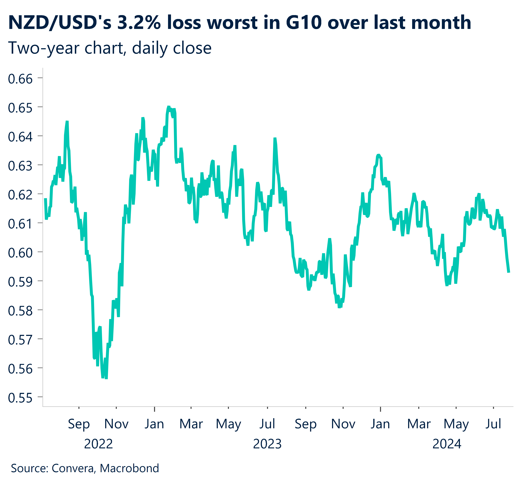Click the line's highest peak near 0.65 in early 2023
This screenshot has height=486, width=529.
pyautogui.click(x=169, y=107)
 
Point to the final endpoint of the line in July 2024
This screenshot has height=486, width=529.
pyautogui.click(x=509, y=272)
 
